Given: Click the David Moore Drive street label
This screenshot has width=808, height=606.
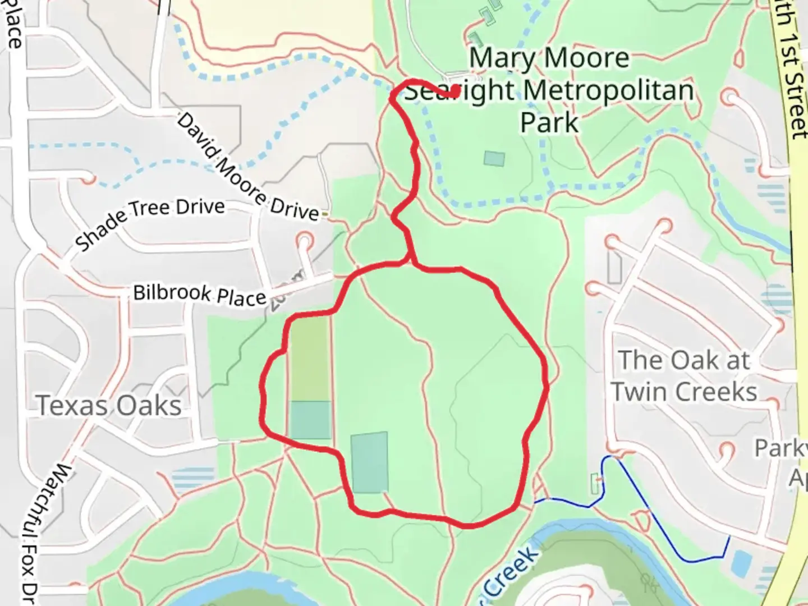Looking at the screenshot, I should point(247,167).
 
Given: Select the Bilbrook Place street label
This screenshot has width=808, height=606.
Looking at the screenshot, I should point(199,294).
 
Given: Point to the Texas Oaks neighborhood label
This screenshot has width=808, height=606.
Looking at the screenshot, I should point(109,406).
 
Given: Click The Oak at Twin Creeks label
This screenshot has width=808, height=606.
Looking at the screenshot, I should point(685,376).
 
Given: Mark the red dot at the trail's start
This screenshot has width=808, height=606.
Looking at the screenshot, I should point(455,90).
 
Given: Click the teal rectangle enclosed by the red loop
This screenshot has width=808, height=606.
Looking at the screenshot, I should point(369,462).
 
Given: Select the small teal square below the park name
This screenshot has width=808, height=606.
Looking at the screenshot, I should point(494,158).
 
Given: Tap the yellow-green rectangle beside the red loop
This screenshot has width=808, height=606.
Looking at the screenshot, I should point(308,359).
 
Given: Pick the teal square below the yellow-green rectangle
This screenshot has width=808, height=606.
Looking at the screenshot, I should point(310,420).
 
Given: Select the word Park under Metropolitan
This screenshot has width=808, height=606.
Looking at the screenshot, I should point(549,122).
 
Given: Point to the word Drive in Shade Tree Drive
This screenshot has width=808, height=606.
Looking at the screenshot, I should point(200,207).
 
